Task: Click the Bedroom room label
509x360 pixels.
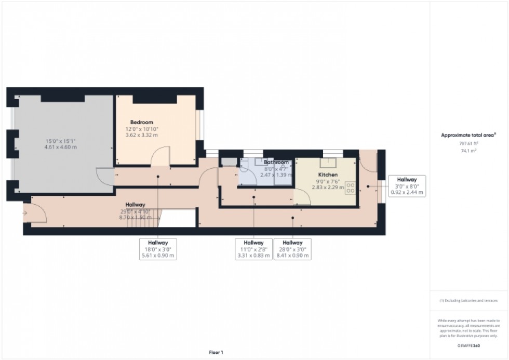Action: pos(141,122)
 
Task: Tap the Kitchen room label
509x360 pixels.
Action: pos(328,175)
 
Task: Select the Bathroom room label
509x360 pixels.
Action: pos(276,163)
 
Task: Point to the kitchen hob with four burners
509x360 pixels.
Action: pos(350,188)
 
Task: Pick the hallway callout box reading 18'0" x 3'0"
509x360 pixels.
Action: pos(158,249)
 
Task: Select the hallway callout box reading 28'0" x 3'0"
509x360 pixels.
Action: pos(292,249)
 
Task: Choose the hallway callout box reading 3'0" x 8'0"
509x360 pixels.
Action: pos(407,186)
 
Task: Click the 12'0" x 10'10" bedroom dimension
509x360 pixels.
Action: pos(141,129)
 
